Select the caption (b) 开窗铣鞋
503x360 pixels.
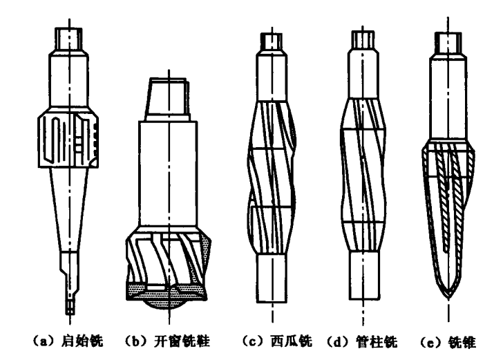169,341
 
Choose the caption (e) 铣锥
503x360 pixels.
450,341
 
